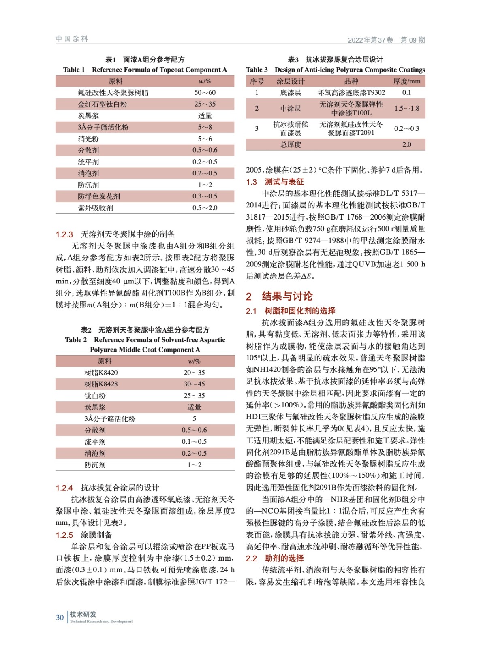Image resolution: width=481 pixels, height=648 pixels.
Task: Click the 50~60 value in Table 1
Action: (x=205, y=93)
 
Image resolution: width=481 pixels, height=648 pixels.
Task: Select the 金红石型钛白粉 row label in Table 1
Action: (x=103, y=104)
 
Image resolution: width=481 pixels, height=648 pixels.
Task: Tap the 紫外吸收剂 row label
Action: (x=96, y=208)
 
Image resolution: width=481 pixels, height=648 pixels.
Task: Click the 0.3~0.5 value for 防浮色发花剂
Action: (x=205, y=196)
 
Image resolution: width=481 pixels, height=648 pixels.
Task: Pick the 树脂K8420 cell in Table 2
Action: (x=101, y=373)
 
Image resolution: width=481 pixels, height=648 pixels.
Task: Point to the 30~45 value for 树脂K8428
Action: (x=194, y=384)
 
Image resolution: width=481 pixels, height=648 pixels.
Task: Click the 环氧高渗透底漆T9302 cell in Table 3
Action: (x=351, y=93)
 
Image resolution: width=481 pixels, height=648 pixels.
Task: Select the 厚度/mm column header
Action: (x=406, y=81)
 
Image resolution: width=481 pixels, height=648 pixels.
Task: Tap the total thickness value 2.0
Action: (x=406, y=145)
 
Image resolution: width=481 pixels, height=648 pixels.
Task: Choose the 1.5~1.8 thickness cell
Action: (x=406, y=109)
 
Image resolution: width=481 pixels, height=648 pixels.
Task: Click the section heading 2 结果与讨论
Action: (x=279, y=296)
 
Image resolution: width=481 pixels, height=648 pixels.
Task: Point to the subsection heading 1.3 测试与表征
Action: (x=275, y=182)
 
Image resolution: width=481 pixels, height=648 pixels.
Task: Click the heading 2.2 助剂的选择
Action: (x=275, y=558)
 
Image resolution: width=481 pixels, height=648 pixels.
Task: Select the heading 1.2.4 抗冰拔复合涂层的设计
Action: (x=107, y=488)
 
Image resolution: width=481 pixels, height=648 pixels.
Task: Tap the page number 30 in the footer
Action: (x=60, y=618)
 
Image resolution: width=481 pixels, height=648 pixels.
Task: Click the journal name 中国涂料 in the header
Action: (x=72, y=39)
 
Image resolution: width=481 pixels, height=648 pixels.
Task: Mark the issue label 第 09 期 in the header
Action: (x=413, y=40)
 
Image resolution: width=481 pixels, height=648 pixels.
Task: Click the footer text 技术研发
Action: (x=83, y=614)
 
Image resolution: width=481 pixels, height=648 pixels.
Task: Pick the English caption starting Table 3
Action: (x=335, y=70)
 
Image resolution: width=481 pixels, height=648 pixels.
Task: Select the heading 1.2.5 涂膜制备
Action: (x=84, y=535)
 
